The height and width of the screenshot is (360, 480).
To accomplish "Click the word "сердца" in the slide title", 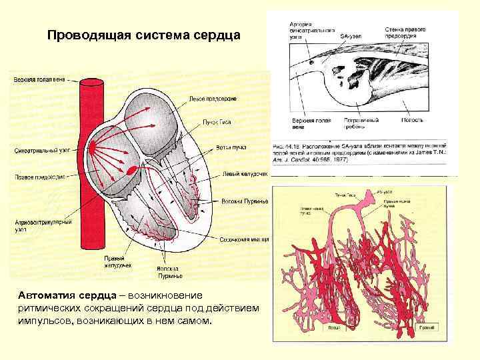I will tap(217, 34).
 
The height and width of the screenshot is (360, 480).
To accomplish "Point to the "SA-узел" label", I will tap(351, 35).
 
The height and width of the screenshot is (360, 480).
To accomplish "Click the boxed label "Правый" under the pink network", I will tap(426, 328).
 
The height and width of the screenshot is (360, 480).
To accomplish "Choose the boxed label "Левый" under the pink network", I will tap(334, 328).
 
